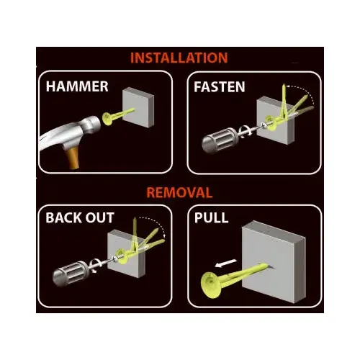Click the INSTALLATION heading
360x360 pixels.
[x=179, y=58]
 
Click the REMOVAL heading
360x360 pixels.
[x=179, y=192]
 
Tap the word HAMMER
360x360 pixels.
[x=77, y=86]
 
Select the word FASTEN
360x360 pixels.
[x=220, y=87]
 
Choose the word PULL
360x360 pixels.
[x=211, y=217]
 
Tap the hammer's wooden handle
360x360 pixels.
[x=73, y=158]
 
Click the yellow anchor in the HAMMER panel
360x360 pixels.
[x=117, y=116]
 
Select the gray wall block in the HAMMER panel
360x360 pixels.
[x=138, y=107]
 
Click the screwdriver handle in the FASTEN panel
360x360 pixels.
[x=220, y=140]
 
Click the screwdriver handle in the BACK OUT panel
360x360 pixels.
[x=71, y=274]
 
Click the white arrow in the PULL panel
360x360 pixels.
[x=226, y=264]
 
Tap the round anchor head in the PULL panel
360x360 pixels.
[x=211, y=285]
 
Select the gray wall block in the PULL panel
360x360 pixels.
[x=274, y=261]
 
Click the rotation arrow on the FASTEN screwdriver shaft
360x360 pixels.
[x=246, y=132]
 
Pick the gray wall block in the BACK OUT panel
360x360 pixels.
[x=127, y=253]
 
